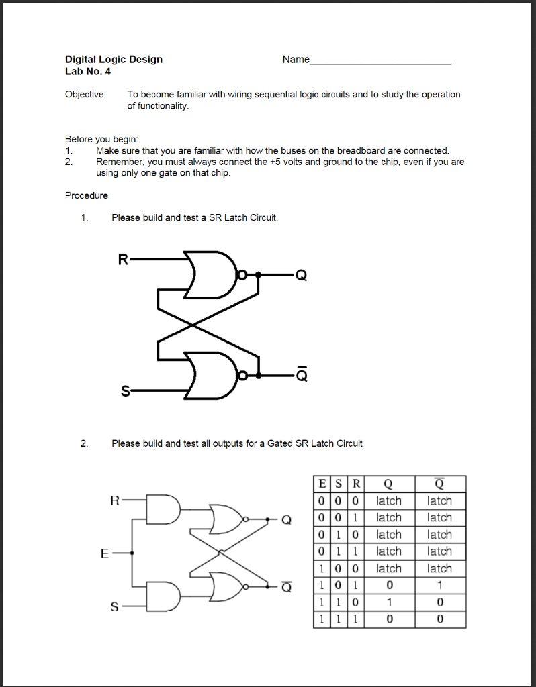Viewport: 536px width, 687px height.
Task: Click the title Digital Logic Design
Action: click(x=114, y=59)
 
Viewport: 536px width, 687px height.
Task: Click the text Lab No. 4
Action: click(x=87, y=71)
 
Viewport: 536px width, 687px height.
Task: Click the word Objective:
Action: click(x=85, y=94)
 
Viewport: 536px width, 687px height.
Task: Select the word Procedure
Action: click(x=86, y=195)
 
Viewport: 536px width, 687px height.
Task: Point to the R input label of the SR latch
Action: click(x=122, y=260)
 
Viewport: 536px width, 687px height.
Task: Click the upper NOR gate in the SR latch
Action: click(x=209, y=274)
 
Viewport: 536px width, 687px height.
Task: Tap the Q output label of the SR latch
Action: click(x=301, y=276)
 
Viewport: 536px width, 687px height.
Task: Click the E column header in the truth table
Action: click(x=322, y=484)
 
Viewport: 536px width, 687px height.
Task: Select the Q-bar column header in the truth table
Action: click(x=440, y=484)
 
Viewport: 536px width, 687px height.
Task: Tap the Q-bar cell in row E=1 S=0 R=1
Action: click(x=440, y=586)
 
